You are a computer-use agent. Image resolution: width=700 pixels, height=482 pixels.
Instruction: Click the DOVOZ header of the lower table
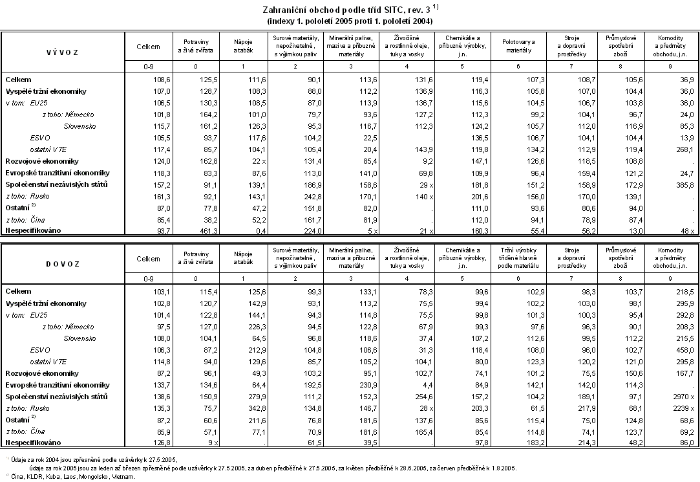63,264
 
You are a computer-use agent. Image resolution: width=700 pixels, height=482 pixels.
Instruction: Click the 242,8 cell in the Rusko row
285,196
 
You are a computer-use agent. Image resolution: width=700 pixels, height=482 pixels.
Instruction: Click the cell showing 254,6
396,396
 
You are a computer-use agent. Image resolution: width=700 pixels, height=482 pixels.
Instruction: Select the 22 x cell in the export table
239,161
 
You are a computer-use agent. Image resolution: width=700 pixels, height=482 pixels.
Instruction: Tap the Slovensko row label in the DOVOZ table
80,338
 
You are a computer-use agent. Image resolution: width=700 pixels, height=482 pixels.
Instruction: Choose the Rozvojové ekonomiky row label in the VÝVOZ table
42,161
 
